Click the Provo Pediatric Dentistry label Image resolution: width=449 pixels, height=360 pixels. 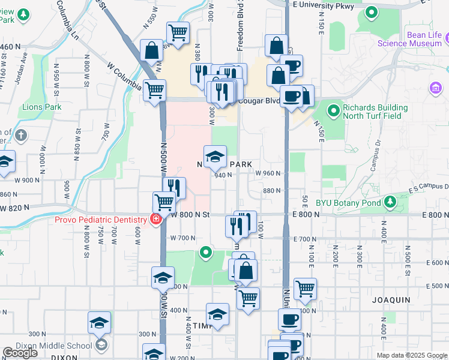click(x=101, y=220)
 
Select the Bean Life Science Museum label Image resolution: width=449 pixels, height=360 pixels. click(x=417, y=39)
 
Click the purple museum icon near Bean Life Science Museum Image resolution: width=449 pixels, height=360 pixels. click(x=435, y=89)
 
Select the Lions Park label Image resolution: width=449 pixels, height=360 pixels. click(x=42, y=107)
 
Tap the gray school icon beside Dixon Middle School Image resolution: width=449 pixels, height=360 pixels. click(x=102, y=344)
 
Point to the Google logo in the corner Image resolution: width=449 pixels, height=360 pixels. click(x=20, y=353)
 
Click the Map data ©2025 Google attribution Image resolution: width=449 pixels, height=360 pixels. click(x=412, y=355)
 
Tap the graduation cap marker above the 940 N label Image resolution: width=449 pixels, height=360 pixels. click(x=215, y=157)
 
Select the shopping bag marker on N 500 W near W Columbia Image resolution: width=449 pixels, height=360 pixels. click(x=152, y=51)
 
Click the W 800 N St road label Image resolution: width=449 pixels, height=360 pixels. click(x=190, y=214)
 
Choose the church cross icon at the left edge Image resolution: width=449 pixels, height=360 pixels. click(x=22, y=134)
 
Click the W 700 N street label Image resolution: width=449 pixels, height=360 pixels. click(x=182, y=238)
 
